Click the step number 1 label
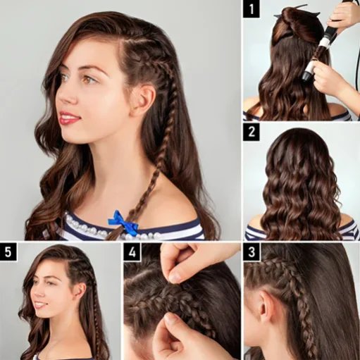252,9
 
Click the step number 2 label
252,132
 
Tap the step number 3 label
252,252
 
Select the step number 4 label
132,252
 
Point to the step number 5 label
8,252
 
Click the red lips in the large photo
68,118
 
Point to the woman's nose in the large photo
67,97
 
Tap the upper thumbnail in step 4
175,278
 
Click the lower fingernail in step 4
170,318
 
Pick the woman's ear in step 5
81,291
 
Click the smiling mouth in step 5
39,305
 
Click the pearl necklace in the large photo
111,228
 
